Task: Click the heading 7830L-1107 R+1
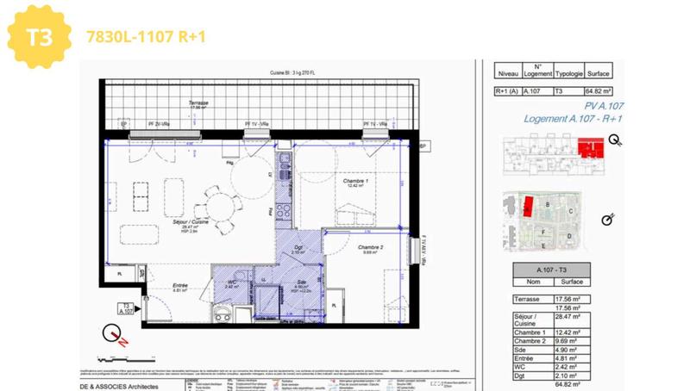coord(146,37)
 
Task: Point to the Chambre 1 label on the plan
coord(355,183)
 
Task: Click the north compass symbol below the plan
coord(113,334)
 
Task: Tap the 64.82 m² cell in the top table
coord(599,90)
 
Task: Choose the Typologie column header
coord(569,73)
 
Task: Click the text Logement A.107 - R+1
coord(573,119)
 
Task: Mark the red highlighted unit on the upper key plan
coord(590,150)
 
